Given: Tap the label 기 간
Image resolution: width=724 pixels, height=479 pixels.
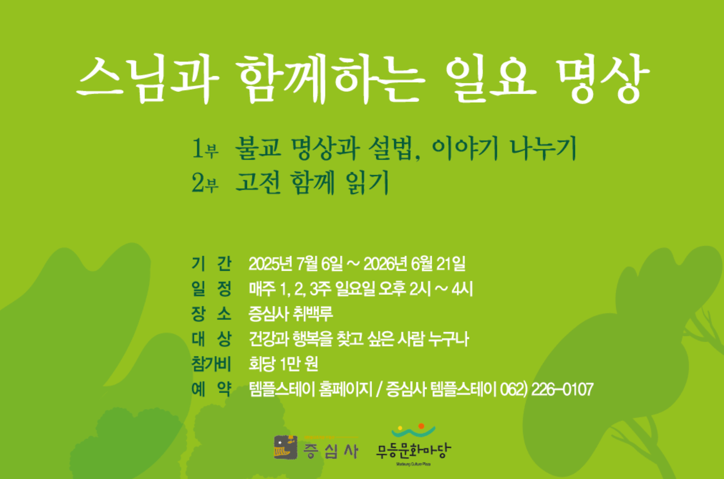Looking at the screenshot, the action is [x=211, y=263].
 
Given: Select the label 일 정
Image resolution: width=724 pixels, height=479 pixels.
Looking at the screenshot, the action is [x=211, y=288].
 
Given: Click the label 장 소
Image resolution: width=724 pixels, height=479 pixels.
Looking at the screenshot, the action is [x=211, y=314].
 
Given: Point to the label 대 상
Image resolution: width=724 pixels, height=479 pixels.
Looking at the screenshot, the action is [x=211, y=339].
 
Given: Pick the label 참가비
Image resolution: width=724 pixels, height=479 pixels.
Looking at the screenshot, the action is [x=211, y=364].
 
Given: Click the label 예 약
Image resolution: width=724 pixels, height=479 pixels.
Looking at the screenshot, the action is [x=211, y=389].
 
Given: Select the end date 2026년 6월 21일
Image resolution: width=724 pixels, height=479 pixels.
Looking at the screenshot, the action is [x=414, y=263].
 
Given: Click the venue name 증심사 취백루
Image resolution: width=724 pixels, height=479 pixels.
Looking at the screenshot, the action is [x=291, y=314].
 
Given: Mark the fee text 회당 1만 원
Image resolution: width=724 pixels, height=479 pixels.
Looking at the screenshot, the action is [x=283, y=364].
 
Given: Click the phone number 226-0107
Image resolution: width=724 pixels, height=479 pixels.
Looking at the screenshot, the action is [x=562, y=389].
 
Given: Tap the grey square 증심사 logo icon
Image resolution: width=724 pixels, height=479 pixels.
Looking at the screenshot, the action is [x=286, y=447].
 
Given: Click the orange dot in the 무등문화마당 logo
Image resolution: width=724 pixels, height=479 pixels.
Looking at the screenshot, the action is [x=421, y=426].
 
